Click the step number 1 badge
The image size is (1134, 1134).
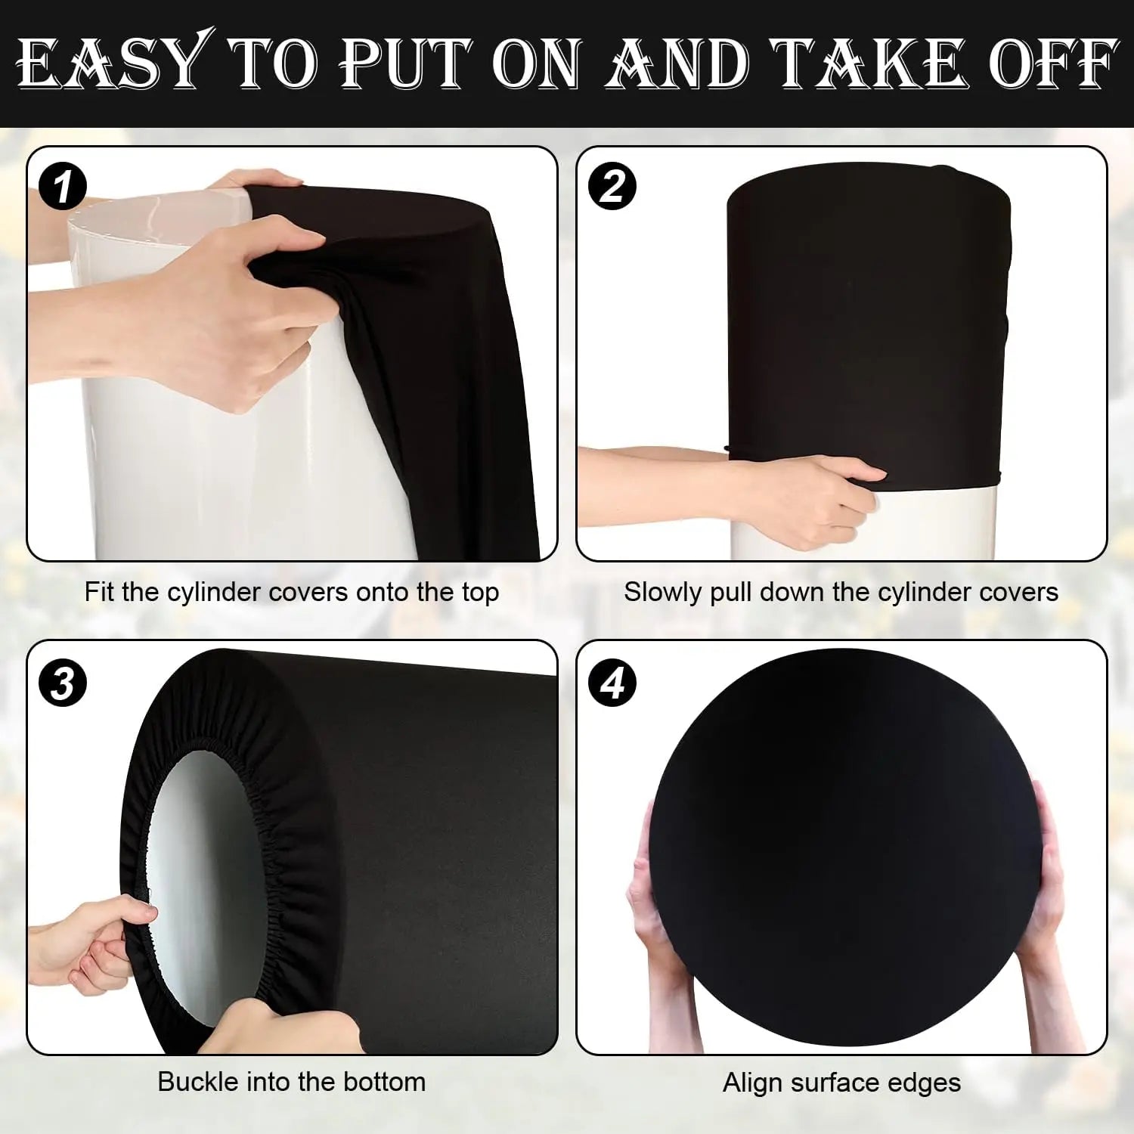(63, 187)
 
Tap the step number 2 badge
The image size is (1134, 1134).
(612, 187)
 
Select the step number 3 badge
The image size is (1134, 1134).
(63, 683)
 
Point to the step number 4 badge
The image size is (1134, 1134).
(612, 683)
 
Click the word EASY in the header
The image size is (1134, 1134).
(110, 64)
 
